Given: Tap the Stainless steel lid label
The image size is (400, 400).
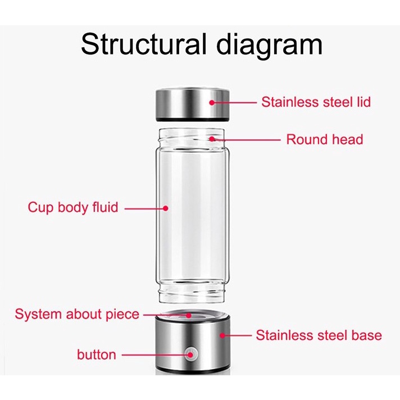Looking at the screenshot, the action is point(316,102).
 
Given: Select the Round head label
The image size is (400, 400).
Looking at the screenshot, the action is point(325,139).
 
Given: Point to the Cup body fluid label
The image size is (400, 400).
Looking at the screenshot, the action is point(73,207).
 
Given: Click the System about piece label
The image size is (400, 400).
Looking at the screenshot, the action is point(77,313).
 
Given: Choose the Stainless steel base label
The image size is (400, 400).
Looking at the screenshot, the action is point(319,335).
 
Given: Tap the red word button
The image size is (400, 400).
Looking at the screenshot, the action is point(97,354).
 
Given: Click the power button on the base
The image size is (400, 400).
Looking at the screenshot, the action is point(191,354).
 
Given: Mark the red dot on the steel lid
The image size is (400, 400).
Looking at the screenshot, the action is point(212,102).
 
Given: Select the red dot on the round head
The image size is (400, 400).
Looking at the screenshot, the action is point(212,139).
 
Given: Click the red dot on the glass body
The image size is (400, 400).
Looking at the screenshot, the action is point(166,208).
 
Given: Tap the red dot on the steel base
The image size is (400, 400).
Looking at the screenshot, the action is point(222,335).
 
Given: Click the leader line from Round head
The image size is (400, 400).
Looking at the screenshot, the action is point(247,139).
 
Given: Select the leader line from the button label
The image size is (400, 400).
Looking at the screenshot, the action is point(154,354).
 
